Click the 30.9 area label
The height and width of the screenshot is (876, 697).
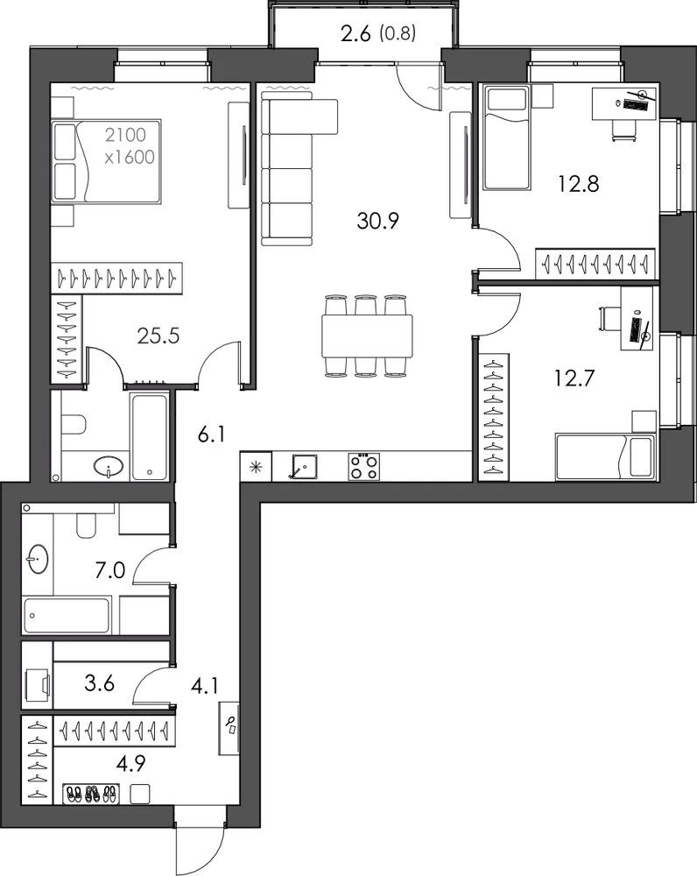(x=377, y=222)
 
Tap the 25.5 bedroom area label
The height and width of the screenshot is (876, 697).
(x=158, y=336)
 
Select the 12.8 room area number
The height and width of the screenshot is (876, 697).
(x=579, y=183)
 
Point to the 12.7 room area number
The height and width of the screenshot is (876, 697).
(x=574, y=378)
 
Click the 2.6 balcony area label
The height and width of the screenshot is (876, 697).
(x=356, y=33)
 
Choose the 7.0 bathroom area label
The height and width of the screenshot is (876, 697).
(x=110, y=570)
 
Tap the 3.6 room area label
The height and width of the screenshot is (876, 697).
(x=100, y=682)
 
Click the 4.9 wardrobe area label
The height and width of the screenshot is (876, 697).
(x=130, y=763)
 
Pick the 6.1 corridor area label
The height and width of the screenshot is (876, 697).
(x=212, y=434)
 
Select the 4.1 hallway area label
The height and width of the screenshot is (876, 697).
(x=204, y=686)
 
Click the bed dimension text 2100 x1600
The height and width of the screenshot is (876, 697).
(x=130, y=145)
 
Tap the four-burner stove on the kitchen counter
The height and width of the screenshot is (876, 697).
(x=364, y=467)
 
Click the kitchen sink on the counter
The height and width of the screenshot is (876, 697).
(x=305, y=467)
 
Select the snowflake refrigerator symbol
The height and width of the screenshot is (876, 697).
(x=256, y=467)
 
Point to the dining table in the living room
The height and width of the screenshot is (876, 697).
(x=367, y=336)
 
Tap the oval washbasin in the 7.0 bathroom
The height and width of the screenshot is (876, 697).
(x=38, y=559)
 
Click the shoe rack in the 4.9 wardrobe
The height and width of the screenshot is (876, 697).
(x=90, y=794)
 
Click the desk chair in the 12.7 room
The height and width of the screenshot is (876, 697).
(x=609, y=320)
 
